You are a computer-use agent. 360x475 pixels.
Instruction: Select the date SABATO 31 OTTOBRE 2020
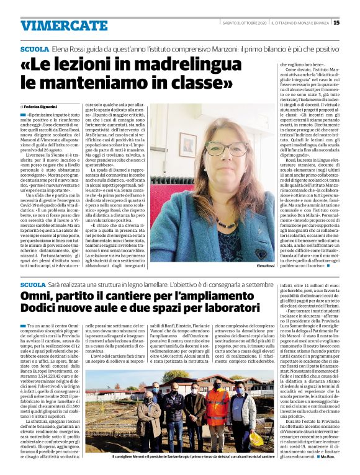[245, 23]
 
